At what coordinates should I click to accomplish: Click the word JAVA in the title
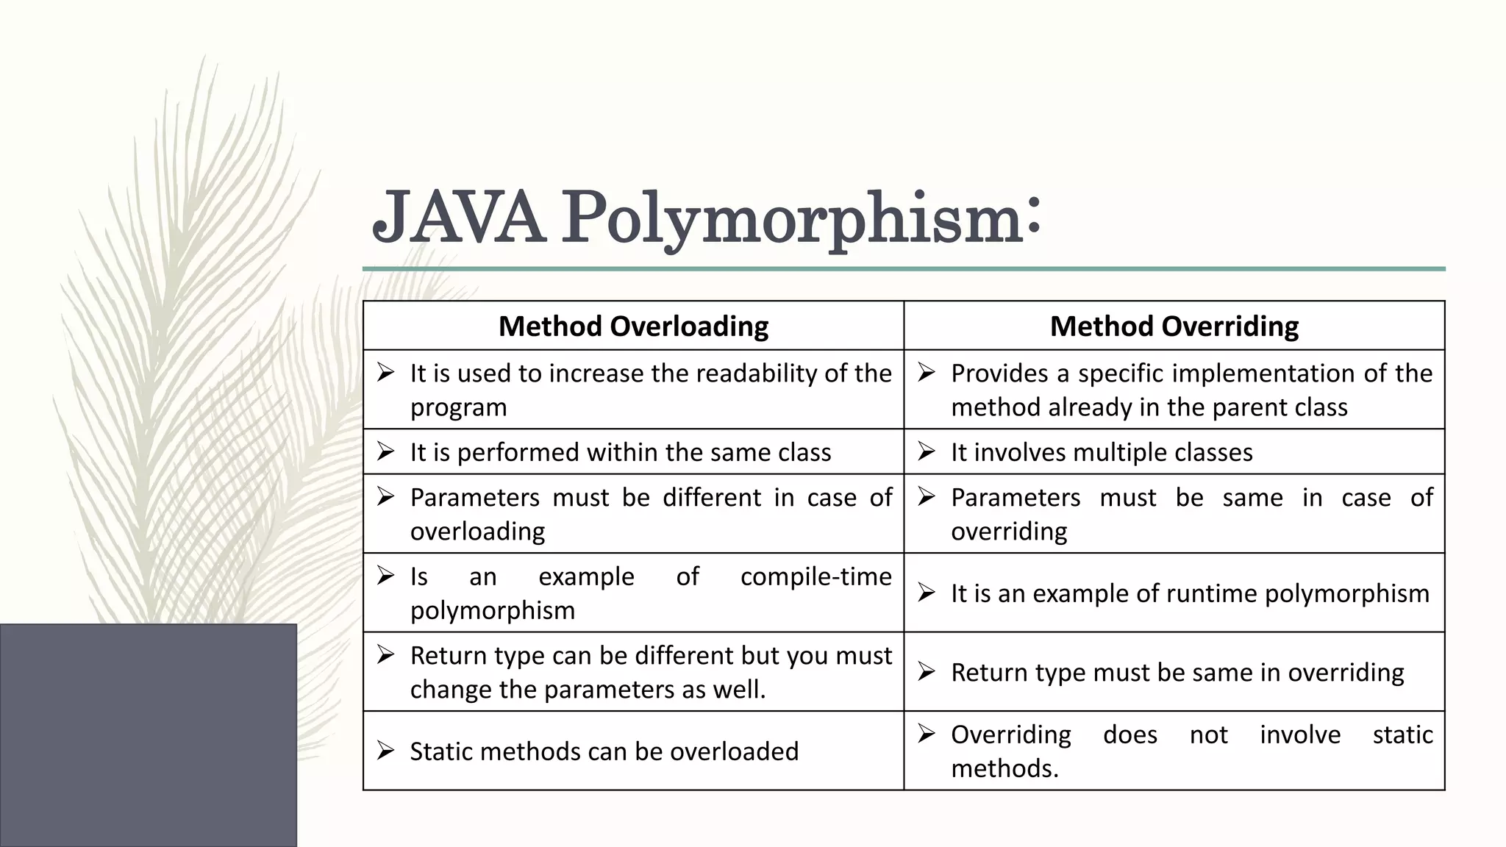(459, 218)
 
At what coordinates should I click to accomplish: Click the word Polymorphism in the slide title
(793, 218)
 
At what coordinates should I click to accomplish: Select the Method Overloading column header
(633, 326)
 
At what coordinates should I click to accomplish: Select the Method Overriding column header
(1174, 326)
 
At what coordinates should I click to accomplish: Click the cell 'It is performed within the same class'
(620, 452)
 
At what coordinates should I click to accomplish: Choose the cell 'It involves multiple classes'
(1101, 452)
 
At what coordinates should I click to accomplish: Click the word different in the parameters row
(711, 498)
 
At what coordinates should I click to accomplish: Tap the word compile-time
(816, 576)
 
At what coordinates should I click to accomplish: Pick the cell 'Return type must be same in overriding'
(1177, 672)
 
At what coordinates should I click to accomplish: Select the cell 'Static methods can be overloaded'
(604, 751)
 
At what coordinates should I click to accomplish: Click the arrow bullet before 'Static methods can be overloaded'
(386, 751)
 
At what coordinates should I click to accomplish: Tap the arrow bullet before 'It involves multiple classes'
(927, 451)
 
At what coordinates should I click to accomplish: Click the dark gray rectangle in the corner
(148, 735)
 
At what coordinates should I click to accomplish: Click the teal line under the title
(904, 269)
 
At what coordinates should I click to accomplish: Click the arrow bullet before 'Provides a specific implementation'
(927, 373)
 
